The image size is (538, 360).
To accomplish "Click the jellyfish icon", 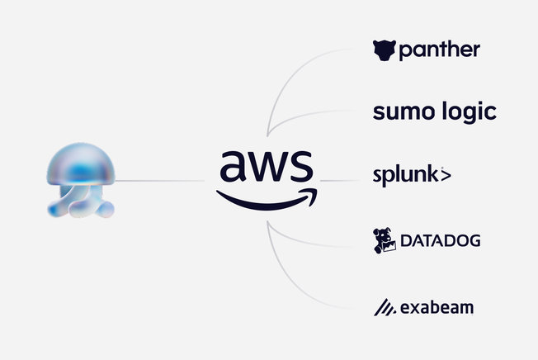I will tap(80, 180).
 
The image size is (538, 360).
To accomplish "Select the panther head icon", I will tap(384, 51).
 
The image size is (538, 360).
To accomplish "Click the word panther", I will tap(439, 52).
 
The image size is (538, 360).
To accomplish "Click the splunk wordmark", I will tap(404, 176).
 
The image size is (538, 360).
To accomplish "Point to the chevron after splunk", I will tap(445, 176).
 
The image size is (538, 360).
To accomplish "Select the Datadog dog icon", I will tap(385, 240).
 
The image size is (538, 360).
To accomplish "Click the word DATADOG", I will tap(440, 242).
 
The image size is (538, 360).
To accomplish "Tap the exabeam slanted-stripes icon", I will tap(384, 308).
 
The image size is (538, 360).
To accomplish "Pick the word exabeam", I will tap(439, 309).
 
